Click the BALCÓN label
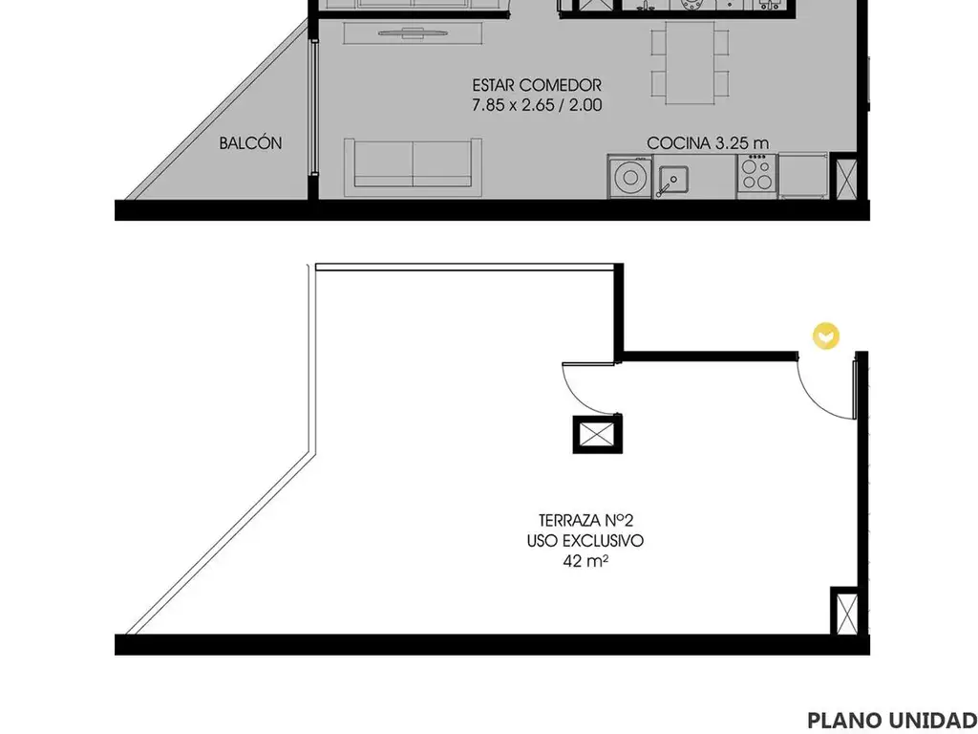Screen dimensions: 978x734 pyautogui.click(x=250, y=143)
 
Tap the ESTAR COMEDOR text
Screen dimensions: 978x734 pyautogui.click(x=537, y=84)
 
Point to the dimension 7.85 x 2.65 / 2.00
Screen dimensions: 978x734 pyautogui.click(x=537, y=104)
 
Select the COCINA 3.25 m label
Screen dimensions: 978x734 pyautogui.click(x=708, y=143)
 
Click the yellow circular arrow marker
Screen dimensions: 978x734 pyautogui.click(x=826, y=335)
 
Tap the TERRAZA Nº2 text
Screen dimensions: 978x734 pyautogui.click(x=585, y=520)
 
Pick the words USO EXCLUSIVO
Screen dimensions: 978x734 pyautogui.click(x=585, y=541)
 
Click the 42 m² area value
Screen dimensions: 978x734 pyautogui.click(x=585, y=560)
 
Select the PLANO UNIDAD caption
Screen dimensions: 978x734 pyautogui.click(x=892, y=719)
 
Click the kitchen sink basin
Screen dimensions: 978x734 pyautogui.click(x=673, y=179)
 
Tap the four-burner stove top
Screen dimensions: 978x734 pyautogui.click(x=757, y=174)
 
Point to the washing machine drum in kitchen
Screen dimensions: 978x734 pyautogui.click(x=630, y=178)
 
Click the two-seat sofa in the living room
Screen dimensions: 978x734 pyautogui.click(x=413, y=163)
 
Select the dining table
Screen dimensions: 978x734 pyautogui.click(x=690, y=62)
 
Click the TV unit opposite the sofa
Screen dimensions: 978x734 pyautogui.click(x=413, y=33)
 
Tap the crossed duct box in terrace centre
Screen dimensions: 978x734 pyautogui.click(x=598, y=434)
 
